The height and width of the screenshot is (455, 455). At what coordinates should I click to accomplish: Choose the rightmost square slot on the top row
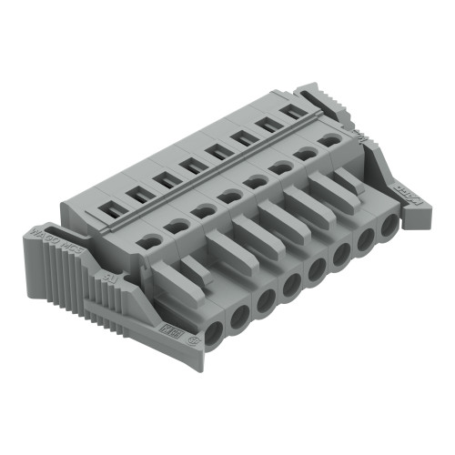click(x=294, y=111)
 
